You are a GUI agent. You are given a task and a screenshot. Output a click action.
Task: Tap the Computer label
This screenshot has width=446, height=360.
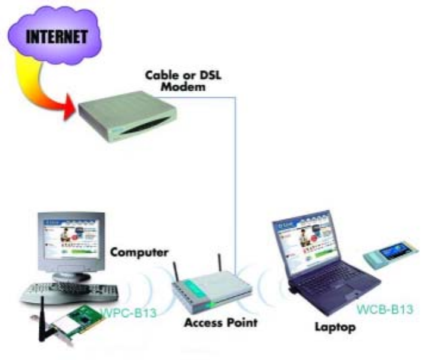139,252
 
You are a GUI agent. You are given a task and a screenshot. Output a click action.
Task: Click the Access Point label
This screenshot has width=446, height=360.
221,324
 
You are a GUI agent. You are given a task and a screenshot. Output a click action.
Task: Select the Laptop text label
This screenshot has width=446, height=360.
335,327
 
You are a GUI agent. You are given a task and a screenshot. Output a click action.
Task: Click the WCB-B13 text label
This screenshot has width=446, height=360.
385,309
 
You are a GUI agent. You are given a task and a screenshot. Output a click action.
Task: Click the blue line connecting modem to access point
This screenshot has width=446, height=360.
235,179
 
